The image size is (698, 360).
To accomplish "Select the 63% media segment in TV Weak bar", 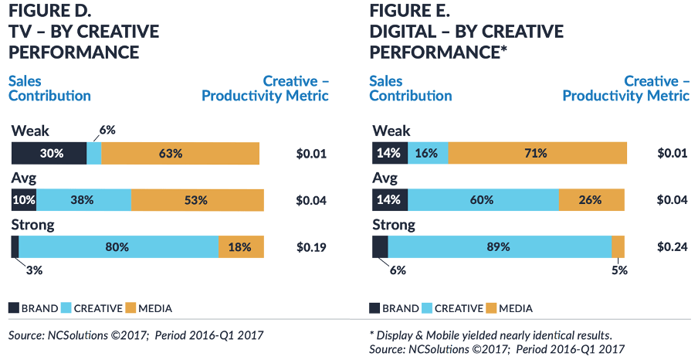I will click(181, 153).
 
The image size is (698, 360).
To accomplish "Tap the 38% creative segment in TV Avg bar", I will click(83, 200).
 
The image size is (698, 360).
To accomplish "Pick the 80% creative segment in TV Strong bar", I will click(119, 247).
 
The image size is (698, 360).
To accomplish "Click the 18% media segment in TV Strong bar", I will click(242, 247).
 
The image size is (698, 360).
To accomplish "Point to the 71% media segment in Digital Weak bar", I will click(537, 153).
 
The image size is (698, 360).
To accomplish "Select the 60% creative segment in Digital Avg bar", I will click(483, 200).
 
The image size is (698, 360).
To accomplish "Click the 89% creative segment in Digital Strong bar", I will click(500, 247).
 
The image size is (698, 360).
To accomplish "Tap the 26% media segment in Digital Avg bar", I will click(592, 200).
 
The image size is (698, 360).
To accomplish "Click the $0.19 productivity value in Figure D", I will click(311, 248).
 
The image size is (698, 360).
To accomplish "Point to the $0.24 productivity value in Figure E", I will click(673, 248).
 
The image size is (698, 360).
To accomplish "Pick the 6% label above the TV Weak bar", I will click(107, 130).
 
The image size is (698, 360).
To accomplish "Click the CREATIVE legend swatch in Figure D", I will click(66, 308).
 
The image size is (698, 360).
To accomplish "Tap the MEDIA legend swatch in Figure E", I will click(490, 308).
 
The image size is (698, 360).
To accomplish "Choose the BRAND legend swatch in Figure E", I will click(377, 308).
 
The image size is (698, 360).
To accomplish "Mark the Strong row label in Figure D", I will click(32, 225).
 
